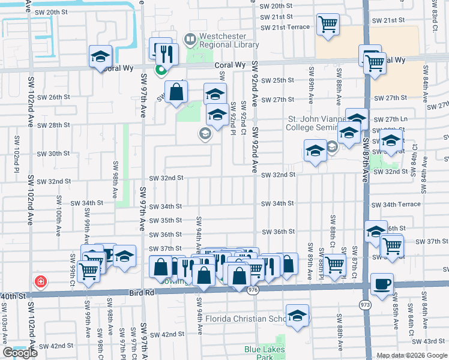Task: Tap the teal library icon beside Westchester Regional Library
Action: (190, 40)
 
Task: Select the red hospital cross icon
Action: (40, 281)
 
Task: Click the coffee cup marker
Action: (382, 284)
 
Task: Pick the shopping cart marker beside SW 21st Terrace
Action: (328, 25)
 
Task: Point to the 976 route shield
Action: (252, 289)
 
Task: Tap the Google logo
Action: (20, 353)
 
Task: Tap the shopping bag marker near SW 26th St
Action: (176, 92)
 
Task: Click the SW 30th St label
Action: (53, 154)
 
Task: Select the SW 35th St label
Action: (165, 221)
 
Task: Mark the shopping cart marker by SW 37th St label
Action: (392, 245)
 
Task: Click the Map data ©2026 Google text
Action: (411, 355)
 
